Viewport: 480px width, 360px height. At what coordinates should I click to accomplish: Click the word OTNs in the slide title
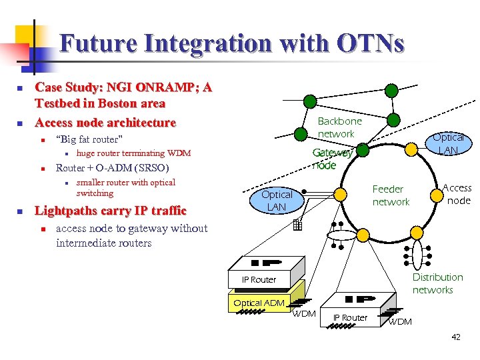[371, 44]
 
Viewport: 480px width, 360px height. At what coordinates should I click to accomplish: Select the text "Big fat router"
[90, 139]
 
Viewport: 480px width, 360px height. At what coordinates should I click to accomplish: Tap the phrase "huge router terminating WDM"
[133, 153]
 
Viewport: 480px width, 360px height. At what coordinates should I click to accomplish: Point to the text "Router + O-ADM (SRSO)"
[112, 167]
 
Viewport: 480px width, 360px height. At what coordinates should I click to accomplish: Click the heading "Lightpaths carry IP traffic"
[110, 211]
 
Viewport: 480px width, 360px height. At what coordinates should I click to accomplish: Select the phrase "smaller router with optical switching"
[125, 187]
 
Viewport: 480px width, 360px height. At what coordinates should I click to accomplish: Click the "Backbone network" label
[339, 127]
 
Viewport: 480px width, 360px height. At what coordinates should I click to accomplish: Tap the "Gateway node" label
[331, 159]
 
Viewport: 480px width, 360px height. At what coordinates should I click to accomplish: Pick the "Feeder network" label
[390, 195]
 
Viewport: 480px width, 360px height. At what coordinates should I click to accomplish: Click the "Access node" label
[457, 194]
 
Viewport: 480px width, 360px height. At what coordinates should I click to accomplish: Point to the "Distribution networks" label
[437, 283]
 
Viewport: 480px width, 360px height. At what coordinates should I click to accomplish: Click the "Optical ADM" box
[259, 303]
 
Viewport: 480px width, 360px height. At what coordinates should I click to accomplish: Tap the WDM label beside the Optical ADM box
[304, 313]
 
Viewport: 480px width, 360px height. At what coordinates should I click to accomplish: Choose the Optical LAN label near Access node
[447, 144]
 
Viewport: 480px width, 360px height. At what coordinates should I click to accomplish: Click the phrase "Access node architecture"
[105, 122]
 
